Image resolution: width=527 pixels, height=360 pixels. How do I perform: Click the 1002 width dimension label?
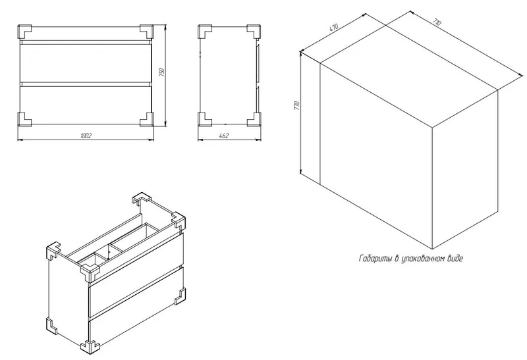pyautogui.click(x=86, y=136)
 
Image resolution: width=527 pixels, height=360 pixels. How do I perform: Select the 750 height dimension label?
pyautogui.click(x=161, y=72)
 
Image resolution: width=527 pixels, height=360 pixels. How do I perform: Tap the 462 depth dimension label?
pyautogui.click(x=223, y=136)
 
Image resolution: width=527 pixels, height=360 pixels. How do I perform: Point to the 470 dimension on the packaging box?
pyautogui.click(x=333, y=27)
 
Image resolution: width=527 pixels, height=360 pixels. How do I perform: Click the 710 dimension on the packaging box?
pyautogui.click(x=437, y=22)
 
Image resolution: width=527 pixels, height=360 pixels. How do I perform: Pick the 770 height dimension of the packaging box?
pyautogui.click(x=296, y=106)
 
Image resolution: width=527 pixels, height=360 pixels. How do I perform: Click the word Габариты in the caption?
pyautogui.click(x=374, y=259)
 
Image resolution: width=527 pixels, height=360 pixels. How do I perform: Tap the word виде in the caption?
pyautogui.click(x=455, y=259)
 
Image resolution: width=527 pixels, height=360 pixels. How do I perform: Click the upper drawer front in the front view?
pyautogui.click(x=86, y=63)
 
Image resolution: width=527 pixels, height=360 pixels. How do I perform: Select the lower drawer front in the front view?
pyautogui.click(x=86, y=105)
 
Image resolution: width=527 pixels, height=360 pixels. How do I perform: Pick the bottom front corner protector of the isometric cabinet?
pyautogui.click(x=89, y=347)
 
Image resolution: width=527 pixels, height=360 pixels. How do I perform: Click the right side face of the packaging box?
pyautogui.click(x=465, y=170)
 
